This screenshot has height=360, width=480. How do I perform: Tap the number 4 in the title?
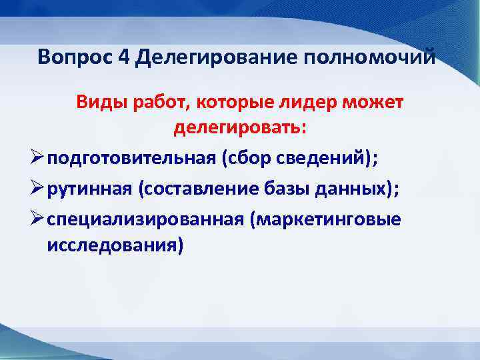pos(124,57)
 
